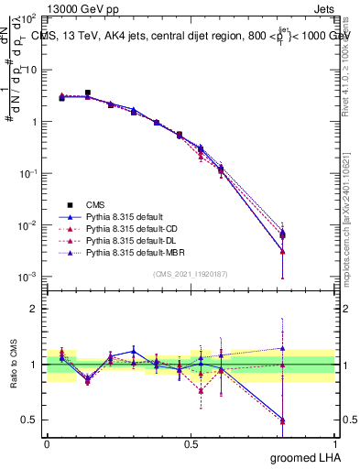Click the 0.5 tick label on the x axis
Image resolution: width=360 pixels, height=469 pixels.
[x=191, y=442]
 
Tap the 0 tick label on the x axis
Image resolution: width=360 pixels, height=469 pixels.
[x=47, y=442]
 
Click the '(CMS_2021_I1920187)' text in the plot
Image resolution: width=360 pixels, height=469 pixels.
[x=191, y=274]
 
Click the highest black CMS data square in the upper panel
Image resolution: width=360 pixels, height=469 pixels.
[x=88, y=93]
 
